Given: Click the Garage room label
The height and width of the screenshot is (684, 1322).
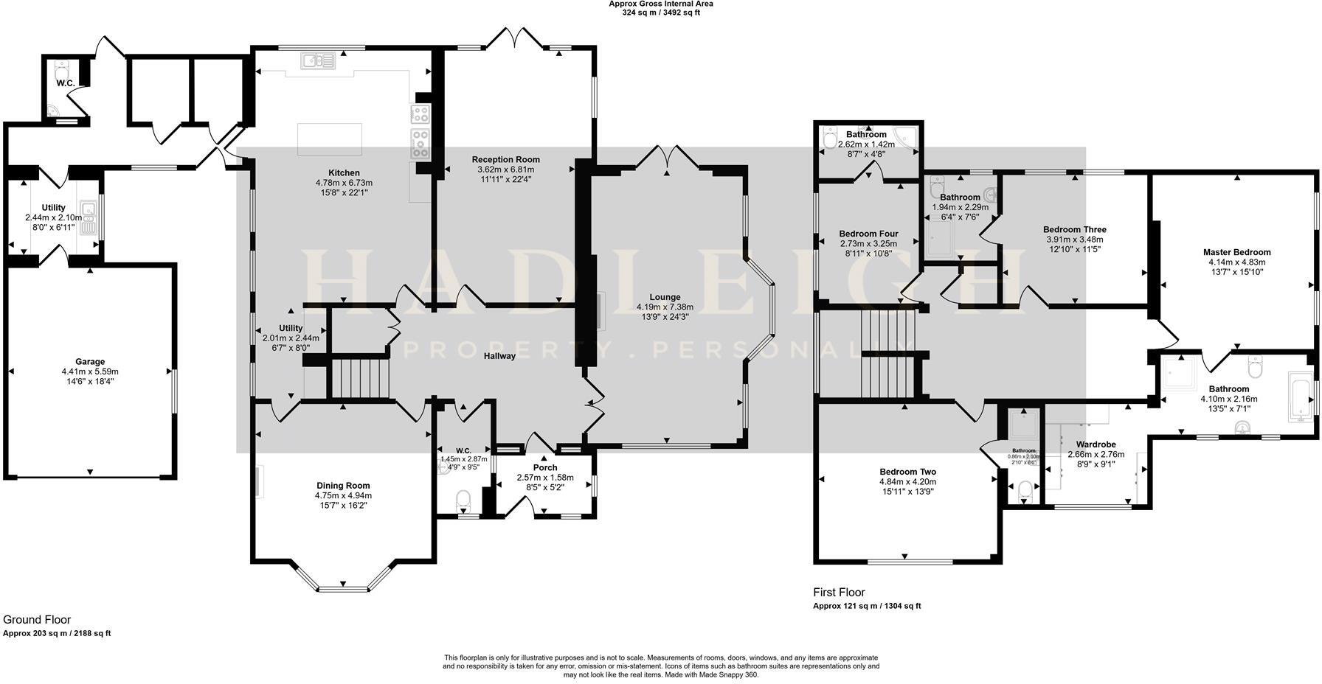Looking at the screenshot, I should tap(90, 362).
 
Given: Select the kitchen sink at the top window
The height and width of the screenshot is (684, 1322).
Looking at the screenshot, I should tap(318, 60).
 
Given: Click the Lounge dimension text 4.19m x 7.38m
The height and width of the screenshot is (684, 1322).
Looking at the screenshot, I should tap(665, 307).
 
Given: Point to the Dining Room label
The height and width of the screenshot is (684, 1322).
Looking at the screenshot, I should tap(343, 486).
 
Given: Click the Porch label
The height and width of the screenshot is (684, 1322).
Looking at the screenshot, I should tap(545, 467).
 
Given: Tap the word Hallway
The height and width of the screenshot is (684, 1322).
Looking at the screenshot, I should tap(499, 356).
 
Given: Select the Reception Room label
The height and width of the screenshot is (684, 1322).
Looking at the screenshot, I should tap(505, 159).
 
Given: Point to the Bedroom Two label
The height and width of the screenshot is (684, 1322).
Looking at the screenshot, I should tap(907, 472).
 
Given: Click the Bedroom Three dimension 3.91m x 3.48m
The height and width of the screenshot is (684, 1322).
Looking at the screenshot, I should tap(1074, 240).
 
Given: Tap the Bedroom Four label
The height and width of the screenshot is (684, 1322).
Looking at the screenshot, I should tap(868, 234).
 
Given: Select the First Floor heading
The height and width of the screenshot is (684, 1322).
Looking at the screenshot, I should tap(839, 592).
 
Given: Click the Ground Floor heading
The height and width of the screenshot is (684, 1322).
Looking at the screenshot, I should tap(37, 620).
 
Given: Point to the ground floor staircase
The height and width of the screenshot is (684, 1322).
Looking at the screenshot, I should tap(359, 378).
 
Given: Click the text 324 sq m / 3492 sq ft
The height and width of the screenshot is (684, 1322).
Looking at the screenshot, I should tap(660, 13).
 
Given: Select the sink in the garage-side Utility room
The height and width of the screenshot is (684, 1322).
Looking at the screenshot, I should tap(89, 217).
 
